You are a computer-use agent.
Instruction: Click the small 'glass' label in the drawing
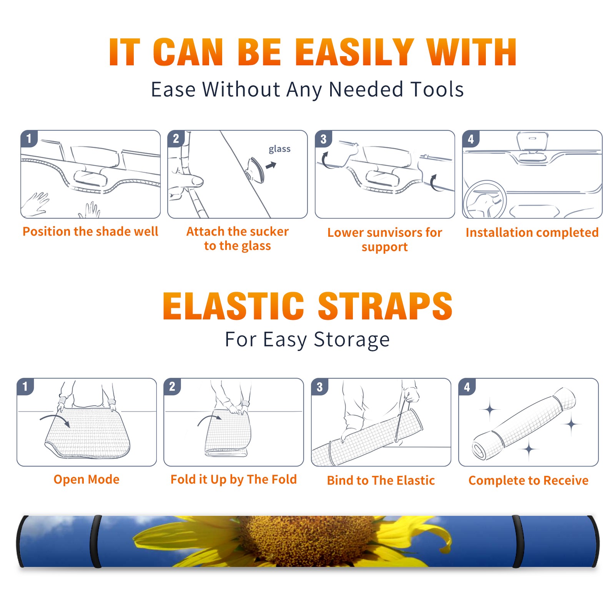click(x=279, y=149)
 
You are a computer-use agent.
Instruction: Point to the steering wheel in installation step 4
click(x=485, y=200)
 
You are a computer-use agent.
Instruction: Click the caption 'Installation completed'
click(x=532, y=233)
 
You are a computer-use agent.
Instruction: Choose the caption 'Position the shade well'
click(x=90, y=231)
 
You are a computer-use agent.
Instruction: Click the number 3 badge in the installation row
click(x=323, y=139)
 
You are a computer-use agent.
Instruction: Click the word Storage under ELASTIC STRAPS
click(x=352, y=340)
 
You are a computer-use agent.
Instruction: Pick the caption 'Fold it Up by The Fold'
click(x=234, y=479)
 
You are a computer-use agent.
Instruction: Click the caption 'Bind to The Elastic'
click(x=381, y=480)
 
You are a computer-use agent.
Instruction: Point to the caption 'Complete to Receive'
click(x=529, y=480)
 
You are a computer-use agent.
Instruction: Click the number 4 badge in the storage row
click(x=467, y=387)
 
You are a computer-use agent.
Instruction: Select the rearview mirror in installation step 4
click(x=532, y=141)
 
